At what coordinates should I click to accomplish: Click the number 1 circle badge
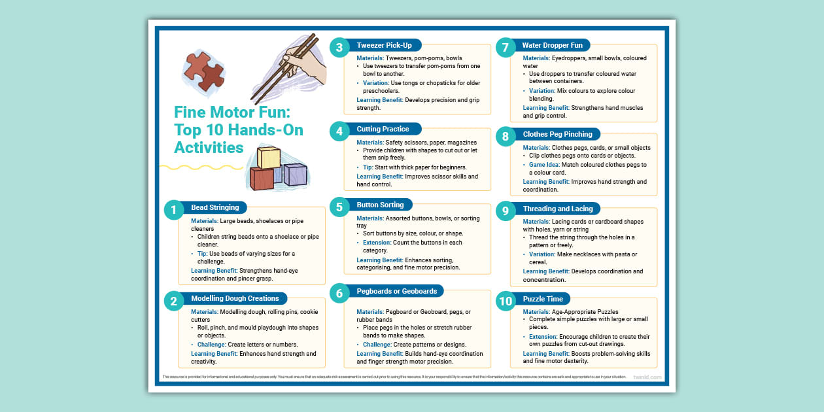173,209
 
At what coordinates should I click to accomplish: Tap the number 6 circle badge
339,294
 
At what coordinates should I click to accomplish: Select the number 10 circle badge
506,301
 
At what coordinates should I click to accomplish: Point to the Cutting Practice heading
383,129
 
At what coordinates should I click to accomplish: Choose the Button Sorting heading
381,205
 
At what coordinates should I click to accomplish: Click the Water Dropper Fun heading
552,45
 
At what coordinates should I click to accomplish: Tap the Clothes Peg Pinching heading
557,134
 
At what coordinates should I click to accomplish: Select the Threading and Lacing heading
558,209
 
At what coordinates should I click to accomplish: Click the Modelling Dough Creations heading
235,298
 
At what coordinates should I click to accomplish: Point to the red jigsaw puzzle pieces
203,71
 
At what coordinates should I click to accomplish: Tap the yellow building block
269,158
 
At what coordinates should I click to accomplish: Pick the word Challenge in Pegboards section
377,345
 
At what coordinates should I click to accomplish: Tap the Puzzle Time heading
543,299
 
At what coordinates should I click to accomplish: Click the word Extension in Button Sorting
377,243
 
